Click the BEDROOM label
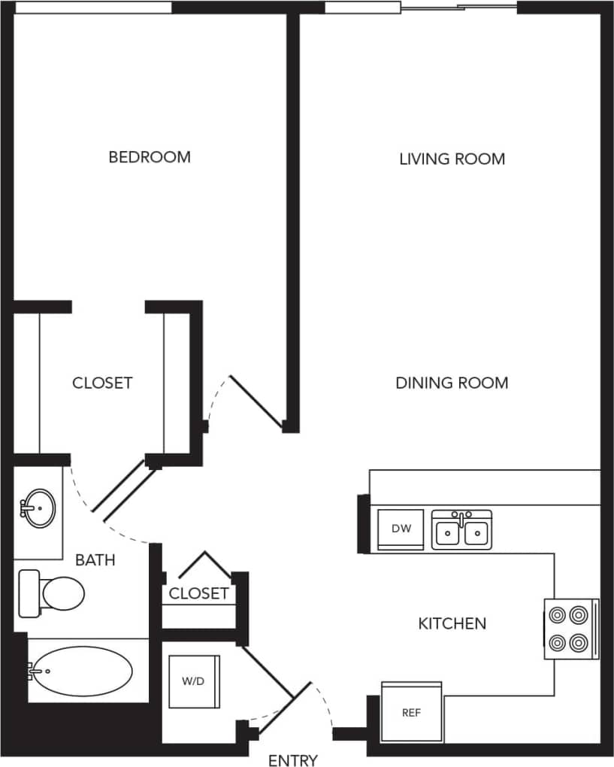(150, 157)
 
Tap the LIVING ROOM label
(452, 159)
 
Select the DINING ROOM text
(452, 383)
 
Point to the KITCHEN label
(452, 623)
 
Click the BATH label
(95, 560)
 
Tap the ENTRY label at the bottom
(293, 760)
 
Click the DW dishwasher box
(401, 529)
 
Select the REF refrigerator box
(411, 711)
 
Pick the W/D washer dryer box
(193, 682)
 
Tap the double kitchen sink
(462, 531)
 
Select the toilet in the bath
(51, 593)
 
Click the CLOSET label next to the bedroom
(102, 383)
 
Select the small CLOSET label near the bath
(198, 593)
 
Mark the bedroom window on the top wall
(93, 8)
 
